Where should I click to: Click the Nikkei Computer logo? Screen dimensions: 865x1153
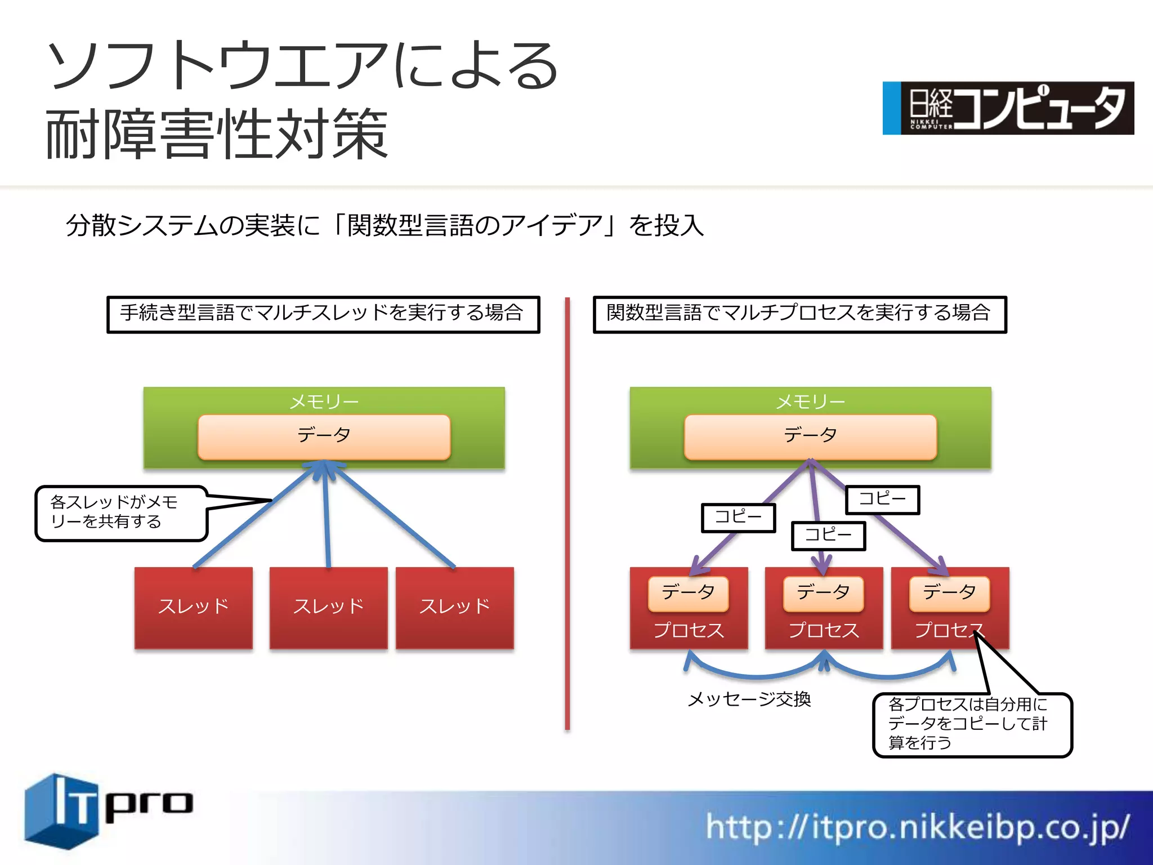[x=1008, y=108]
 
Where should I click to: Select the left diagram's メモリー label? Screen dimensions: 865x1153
[x=324, y=402]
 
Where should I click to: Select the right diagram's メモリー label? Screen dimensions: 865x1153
[x=810, y=402]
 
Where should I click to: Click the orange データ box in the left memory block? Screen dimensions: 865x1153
[x=324, y=436]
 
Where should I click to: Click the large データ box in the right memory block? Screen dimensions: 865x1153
[x=810, y=436]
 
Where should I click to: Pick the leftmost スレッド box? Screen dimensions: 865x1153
[x=193, y=608]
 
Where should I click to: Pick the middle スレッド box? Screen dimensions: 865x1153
[x=328, y=608]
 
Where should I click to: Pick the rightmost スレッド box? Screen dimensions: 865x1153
[x=454, y=608]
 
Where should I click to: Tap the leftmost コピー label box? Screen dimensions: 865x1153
[x=738, y=517]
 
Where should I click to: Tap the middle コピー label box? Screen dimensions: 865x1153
[x=828, y=535]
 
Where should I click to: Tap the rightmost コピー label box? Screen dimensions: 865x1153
[x=882, y=499]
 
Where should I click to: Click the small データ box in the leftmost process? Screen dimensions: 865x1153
[x=688, y=593]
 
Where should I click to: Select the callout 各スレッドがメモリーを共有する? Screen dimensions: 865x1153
[x=121, y=512]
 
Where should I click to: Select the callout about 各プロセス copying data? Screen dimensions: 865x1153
[x=972, y=724]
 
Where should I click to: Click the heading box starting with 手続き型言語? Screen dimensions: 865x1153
[x=323, y=314]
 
